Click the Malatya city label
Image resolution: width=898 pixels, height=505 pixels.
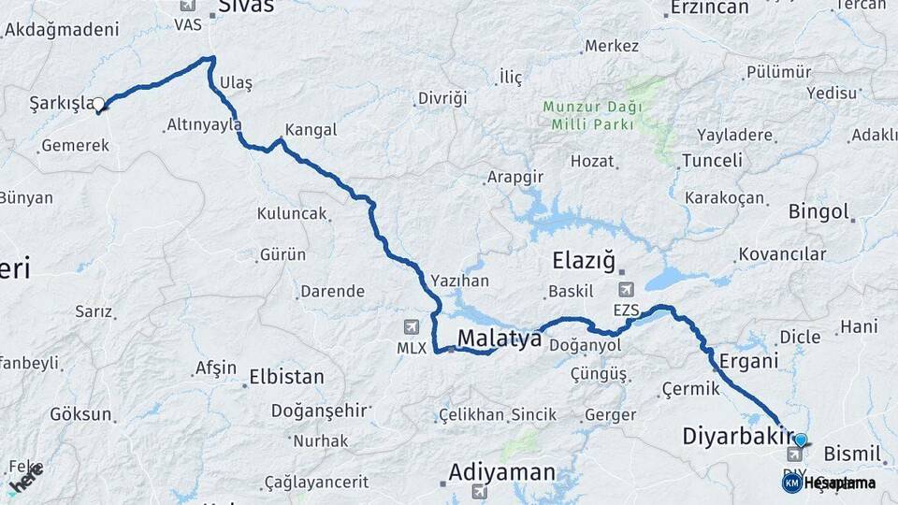500,339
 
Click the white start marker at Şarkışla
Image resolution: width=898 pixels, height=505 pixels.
98,104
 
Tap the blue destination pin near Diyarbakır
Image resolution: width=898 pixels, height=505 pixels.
800,440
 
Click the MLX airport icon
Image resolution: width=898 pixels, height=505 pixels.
411,326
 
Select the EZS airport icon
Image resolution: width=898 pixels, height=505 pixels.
625,290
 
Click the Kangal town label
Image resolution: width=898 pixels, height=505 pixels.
311,130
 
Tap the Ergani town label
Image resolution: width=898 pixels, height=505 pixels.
744,361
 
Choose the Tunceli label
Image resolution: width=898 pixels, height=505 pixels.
712,160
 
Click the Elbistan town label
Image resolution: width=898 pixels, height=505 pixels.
286,378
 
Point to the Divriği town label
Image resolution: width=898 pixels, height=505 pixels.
442,98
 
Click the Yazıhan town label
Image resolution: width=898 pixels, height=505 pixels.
460,280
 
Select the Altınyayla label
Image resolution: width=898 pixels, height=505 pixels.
203,124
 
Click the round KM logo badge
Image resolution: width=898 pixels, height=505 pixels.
791,483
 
